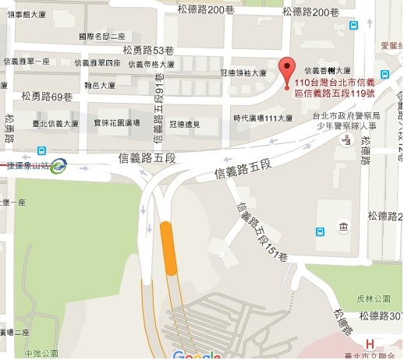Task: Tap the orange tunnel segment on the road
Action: (x=168, y=248)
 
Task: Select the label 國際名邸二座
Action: (x=101, y=37)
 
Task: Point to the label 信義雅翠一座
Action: (x=28, y=62)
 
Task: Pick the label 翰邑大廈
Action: (x=99, y=84)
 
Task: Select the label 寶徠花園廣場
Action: (x=116, y=123)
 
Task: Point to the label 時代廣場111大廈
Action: (x=263, y=118)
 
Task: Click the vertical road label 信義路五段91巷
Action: (x=159, y=105)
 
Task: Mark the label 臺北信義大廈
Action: (x=55, y=123)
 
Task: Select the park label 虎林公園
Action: (x=374, y=298)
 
